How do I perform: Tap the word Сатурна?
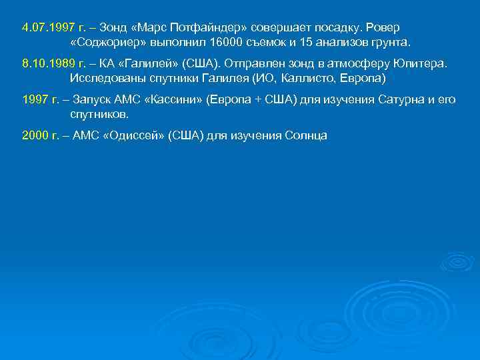(393, 99)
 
